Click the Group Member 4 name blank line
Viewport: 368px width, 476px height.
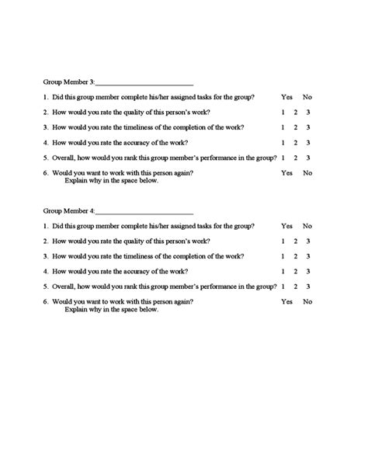(144, 211)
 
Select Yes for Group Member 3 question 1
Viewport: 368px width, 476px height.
(287, 97)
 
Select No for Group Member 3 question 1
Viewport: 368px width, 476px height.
(307, 97)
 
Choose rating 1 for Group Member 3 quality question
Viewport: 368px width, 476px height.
(283, 112)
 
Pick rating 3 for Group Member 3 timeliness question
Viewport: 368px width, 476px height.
(308, 127)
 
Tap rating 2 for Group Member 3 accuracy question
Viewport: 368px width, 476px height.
(296, 142)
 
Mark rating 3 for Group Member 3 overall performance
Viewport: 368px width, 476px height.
(308, 158)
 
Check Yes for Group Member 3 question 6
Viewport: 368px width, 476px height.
(287, 172)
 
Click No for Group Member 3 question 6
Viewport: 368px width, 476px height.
(307, 172)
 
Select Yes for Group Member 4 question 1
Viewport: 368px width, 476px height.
(287, 226)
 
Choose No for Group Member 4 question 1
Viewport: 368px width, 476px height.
(307, 226)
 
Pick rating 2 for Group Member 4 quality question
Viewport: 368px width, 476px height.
(296, 241)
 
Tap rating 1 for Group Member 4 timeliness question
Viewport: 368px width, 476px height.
(283, 255)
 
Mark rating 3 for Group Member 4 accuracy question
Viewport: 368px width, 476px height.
(308, 271)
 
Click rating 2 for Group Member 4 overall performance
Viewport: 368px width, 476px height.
(296, 287)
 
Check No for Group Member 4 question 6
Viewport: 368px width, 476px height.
(307, 301)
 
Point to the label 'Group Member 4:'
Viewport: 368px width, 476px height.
(69, 211)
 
